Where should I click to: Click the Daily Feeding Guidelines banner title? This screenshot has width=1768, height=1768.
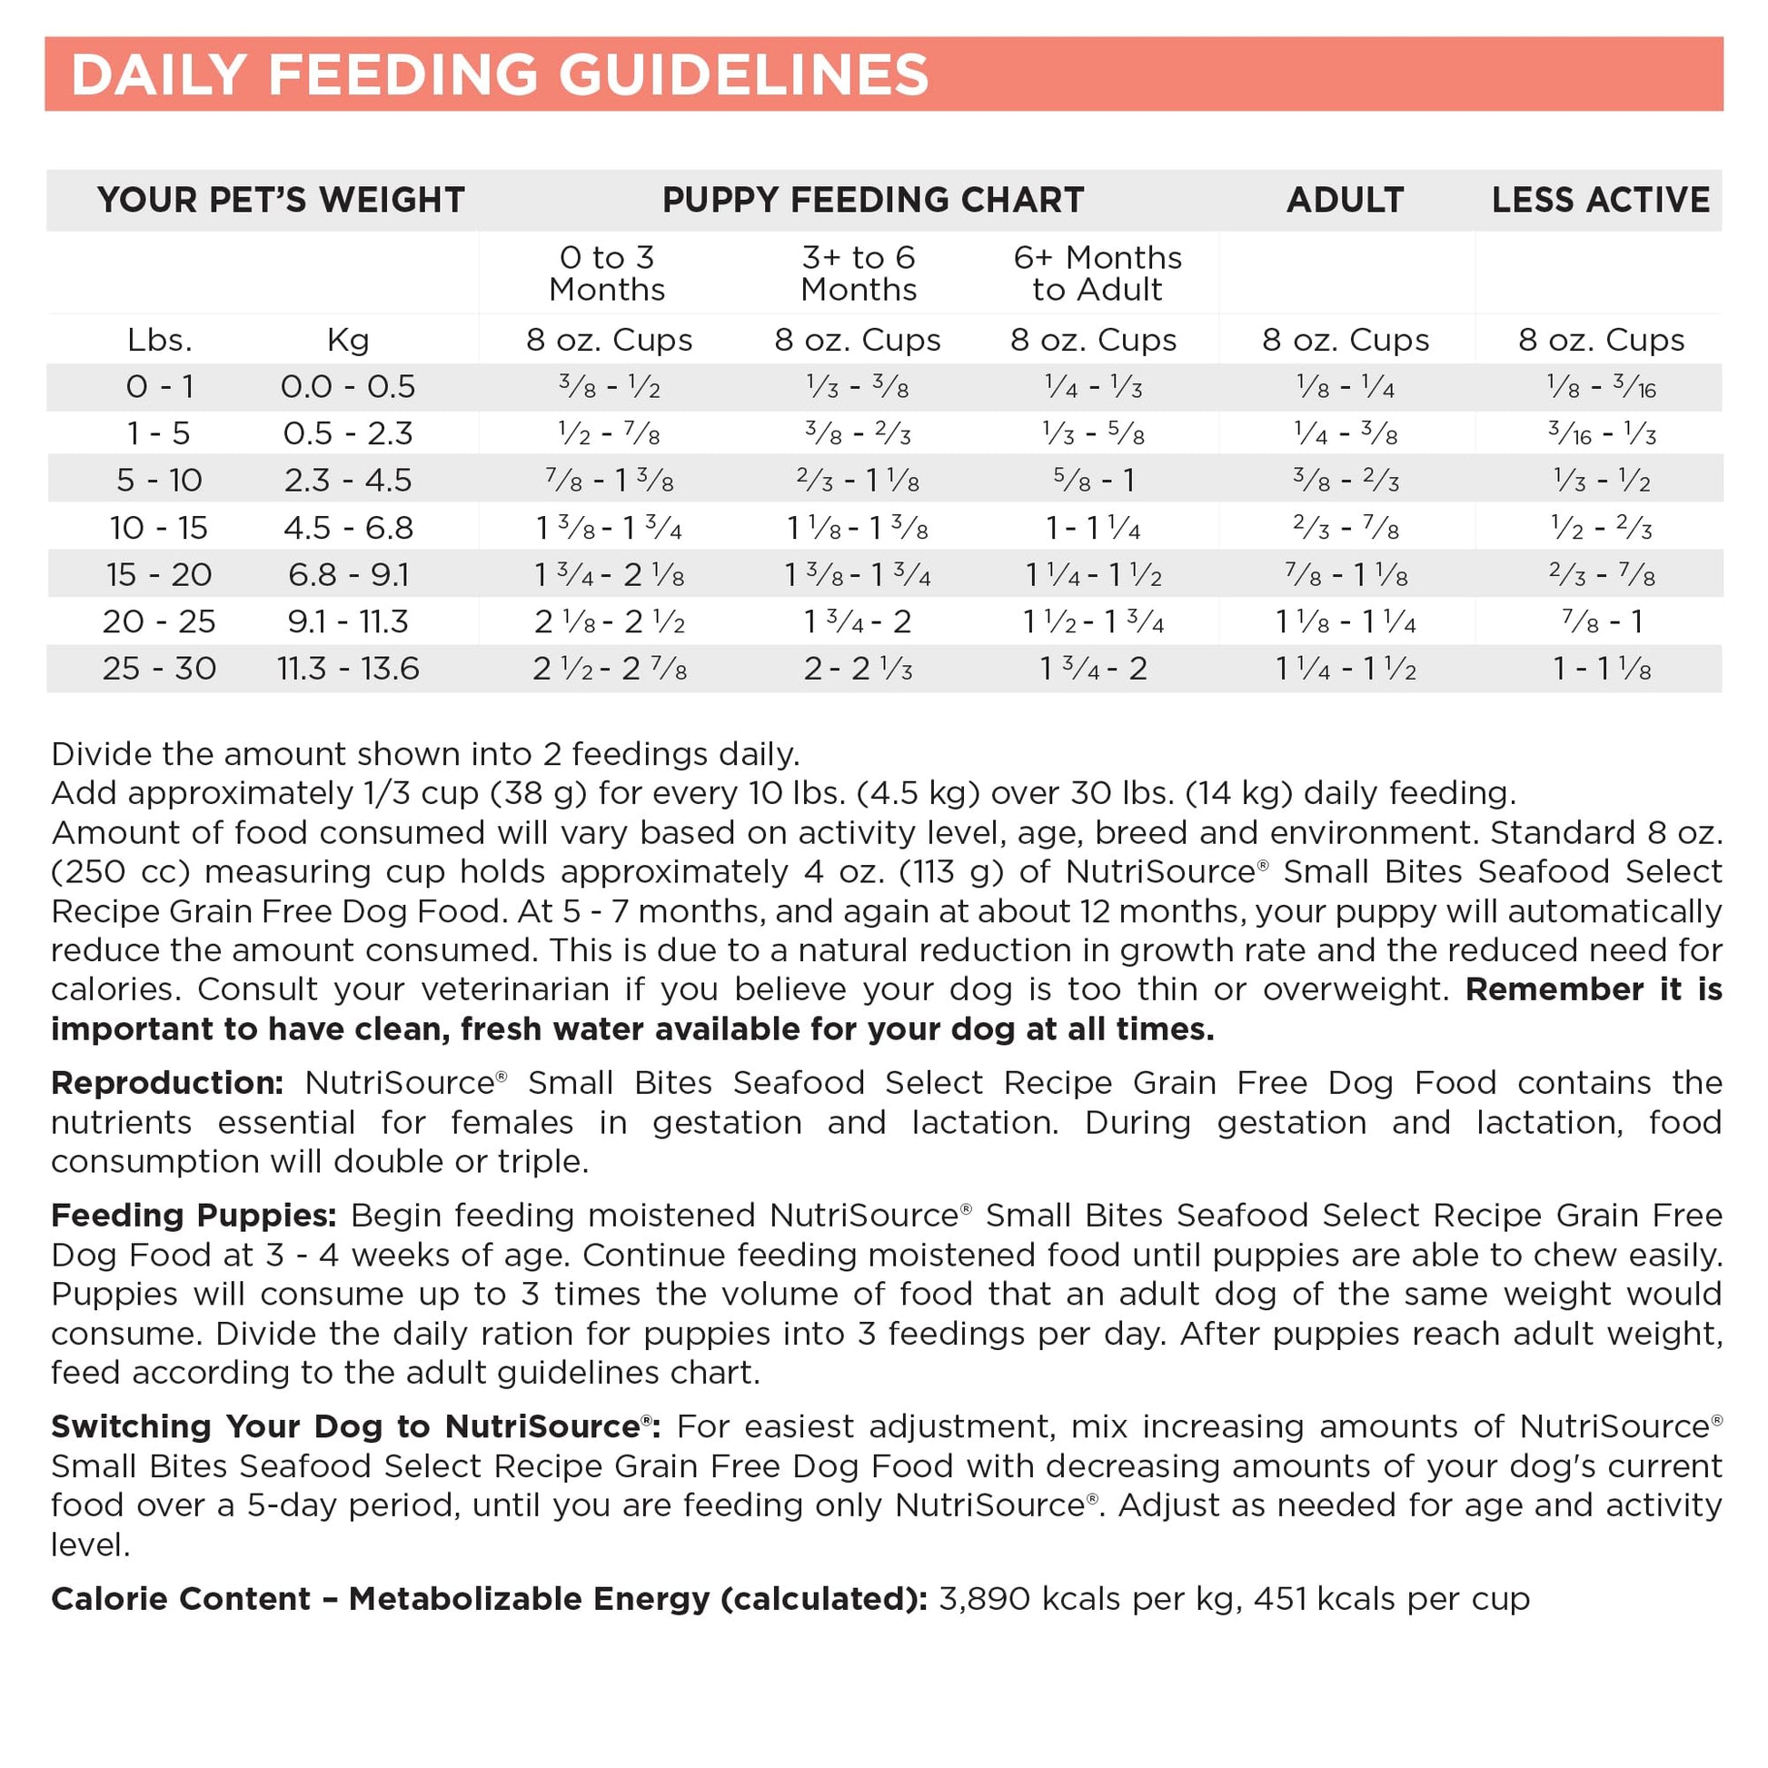pos(500,75)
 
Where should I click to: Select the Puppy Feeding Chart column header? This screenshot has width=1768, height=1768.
pos(873,200)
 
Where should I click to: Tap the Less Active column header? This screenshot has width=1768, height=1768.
pos(1600,200)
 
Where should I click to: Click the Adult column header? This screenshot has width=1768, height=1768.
pos(1345,200)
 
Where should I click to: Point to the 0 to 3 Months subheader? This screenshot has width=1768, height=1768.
pos(607,273)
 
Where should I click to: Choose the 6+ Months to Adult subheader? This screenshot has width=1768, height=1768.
pos(1098,273)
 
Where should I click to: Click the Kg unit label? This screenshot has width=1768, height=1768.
pos(348,341)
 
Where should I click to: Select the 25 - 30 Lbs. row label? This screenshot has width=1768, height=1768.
pos(159,668)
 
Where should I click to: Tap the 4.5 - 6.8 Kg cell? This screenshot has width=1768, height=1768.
pos(348,528)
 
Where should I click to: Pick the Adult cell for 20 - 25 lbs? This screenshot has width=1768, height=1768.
pos(1346,622)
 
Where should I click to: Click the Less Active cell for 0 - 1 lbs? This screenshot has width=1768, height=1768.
pos(1601,387)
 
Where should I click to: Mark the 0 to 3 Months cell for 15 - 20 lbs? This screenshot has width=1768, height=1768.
pos(609,575)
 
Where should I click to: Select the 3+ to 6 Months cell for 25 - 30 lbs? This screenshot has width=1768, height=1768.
pos(858,669)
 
